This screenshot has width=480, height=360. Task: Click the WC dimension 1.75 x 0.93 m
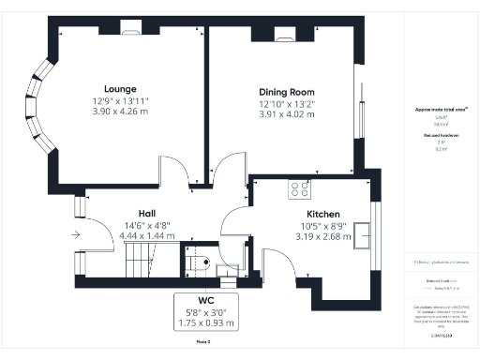[207, 323]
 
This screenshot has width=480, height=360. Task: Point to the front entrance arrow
[75, 235]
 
